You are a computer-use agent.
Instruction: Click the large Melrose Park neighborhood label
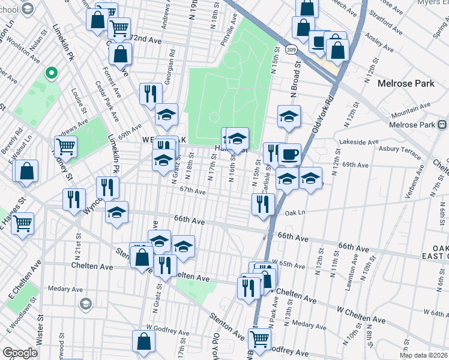click(406, 84)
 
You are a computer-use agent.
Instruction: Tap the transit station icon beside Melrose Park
click(442, 125)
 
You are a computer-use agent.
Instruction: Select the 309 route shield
click(291, 49)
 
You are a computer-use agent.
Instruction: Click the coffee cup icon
click(289, 154)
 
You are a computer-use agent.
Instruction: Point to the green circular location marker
click(52, 74)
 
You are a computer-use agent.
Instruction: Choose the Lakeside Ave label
click(359, 142)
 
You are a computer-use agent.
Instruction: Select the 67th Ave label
click(193, 192)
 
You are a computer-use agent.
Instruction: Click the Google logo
click(20, 353)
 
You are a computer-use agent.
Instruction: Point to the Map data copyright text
click(424, 355)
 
